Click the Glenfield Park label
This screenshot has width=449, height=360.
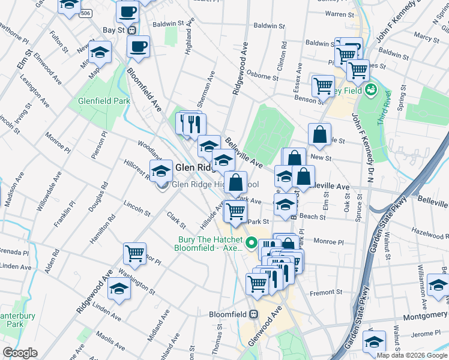pos(104,101)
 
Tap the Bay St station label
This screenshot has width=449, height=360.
pos(113,29)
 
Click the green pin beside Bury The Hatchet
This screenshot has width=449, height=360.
pos(252,244)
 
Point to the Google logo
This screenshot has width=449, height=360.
pos(20,353)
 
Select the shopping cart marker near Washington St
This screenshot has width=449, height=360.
pos(134,253)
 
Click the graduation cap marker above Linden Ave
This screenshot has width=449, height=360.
pos(118,289)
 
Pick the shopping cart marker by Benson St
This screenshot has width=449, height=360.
pos(323,85)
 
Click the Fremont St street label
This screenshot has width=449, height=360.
pos(325,293)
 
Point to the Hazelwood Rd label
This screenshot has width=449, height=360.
pos(430,231)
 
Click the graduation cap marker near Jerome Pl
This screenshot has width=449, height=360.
pos(375,341)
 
